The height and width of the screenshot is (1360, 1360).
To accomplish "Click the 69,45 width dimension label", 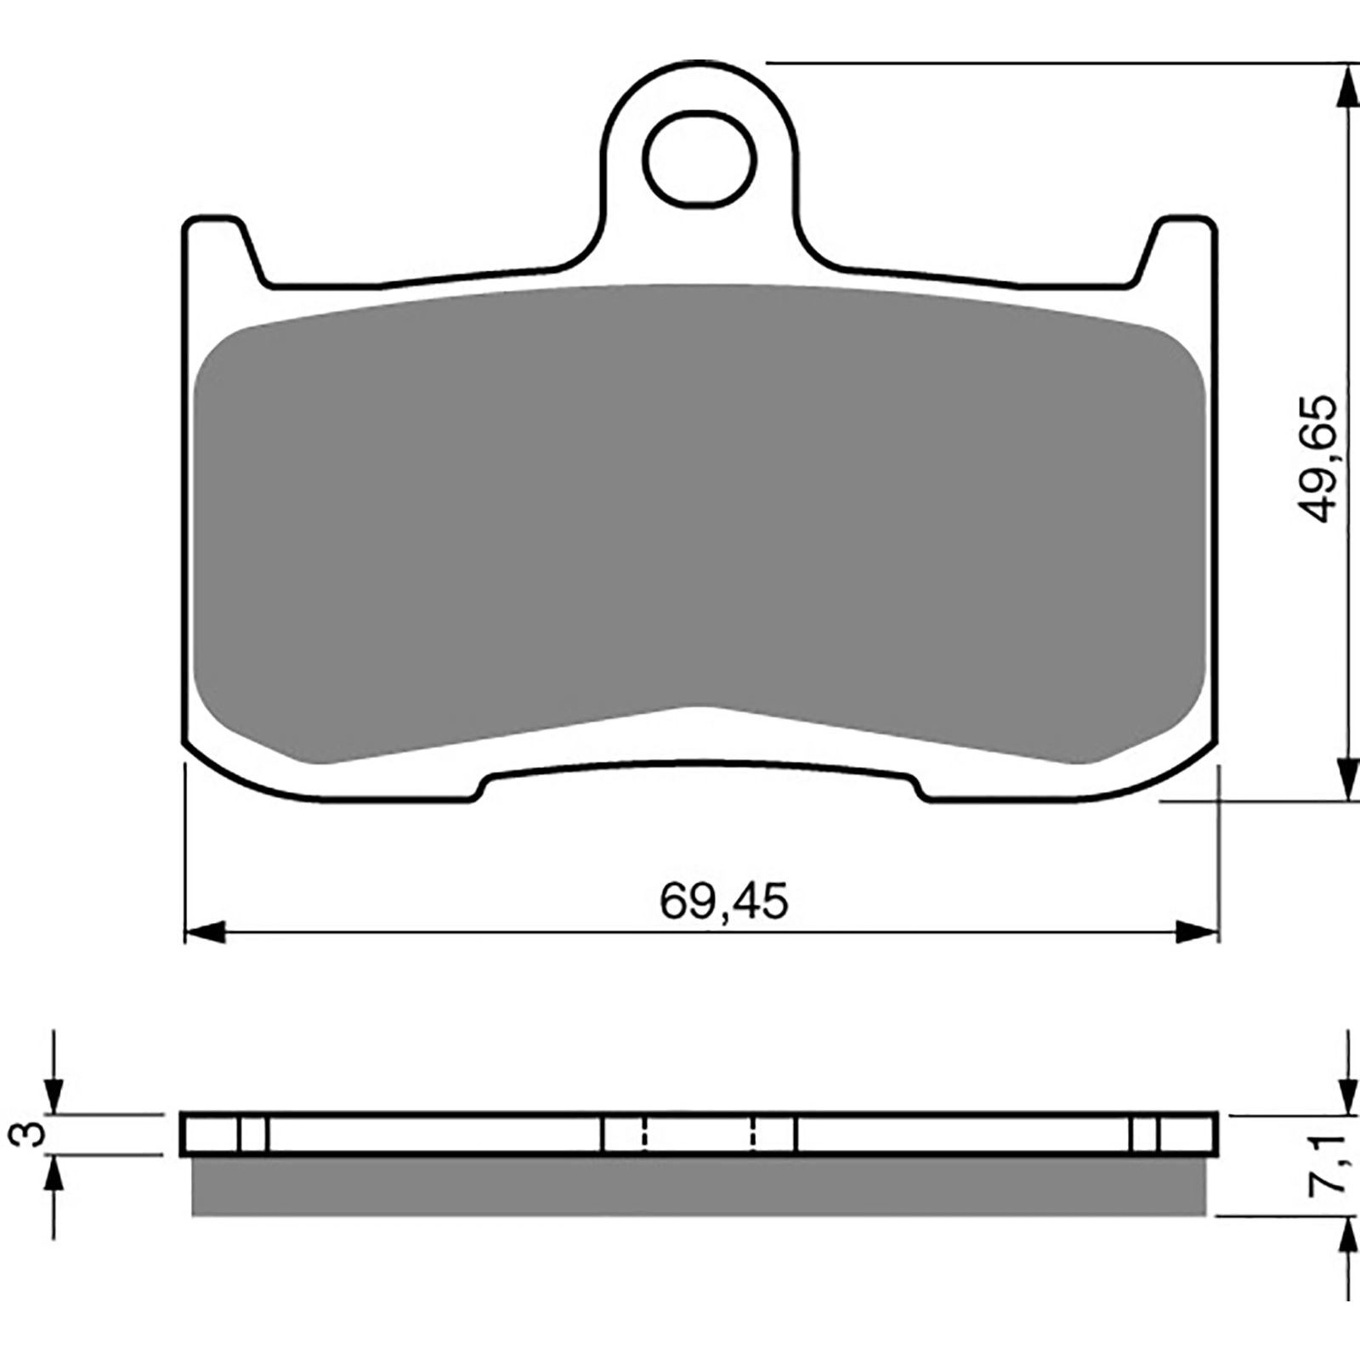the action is click(x=723, y=902).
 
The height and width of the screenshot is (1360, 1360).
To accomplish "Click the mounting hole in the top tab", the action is click(x=700, y=160).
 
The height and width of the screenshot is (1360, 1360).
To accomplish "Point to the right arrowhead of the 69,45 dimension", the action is click(x=1198, y=932).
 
